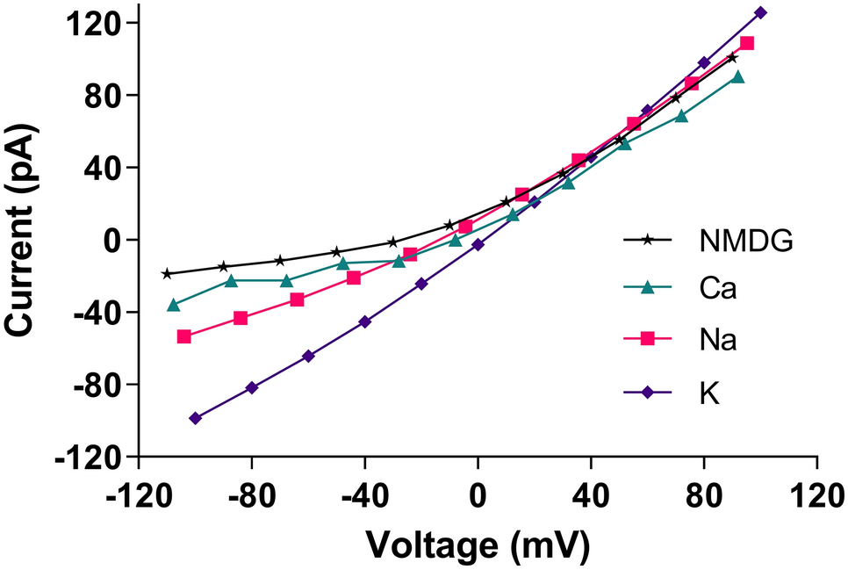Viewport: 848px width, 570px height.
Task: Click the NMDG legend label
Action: pyautogui.click(x=747, y=239)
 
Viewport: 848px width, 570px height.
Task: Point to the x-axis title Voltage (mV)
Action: pyautogui.click(x=478, y=545)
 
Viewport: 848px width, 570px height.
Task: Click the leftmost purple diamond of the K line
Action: pyautogui.click(x=195, y=418)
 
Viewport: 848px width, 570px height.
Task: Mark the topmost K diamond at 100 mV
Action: pyautogui.click(x=760, y=12)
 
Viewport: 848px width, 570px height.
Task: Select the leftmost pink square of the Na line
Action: pyautogui.click(x=183, y=336)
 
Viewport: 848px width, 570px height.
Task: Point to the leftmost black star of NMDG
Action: pyautogui.click(x=167, y=273)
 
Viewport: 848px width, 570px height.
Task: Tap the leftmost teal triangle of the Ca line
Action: pyautogui.click(x=174, y=305)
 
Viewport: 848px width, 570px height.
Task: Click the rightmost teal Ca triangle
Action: pyautogui.click(x=738, y=77)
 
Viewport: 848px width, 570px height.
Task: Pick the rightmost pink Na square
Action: pyautogui.click(x=747, y=43)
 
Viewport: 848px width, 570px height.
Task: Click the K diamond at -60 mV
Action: pyautogui.click(x=308, y=356)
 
